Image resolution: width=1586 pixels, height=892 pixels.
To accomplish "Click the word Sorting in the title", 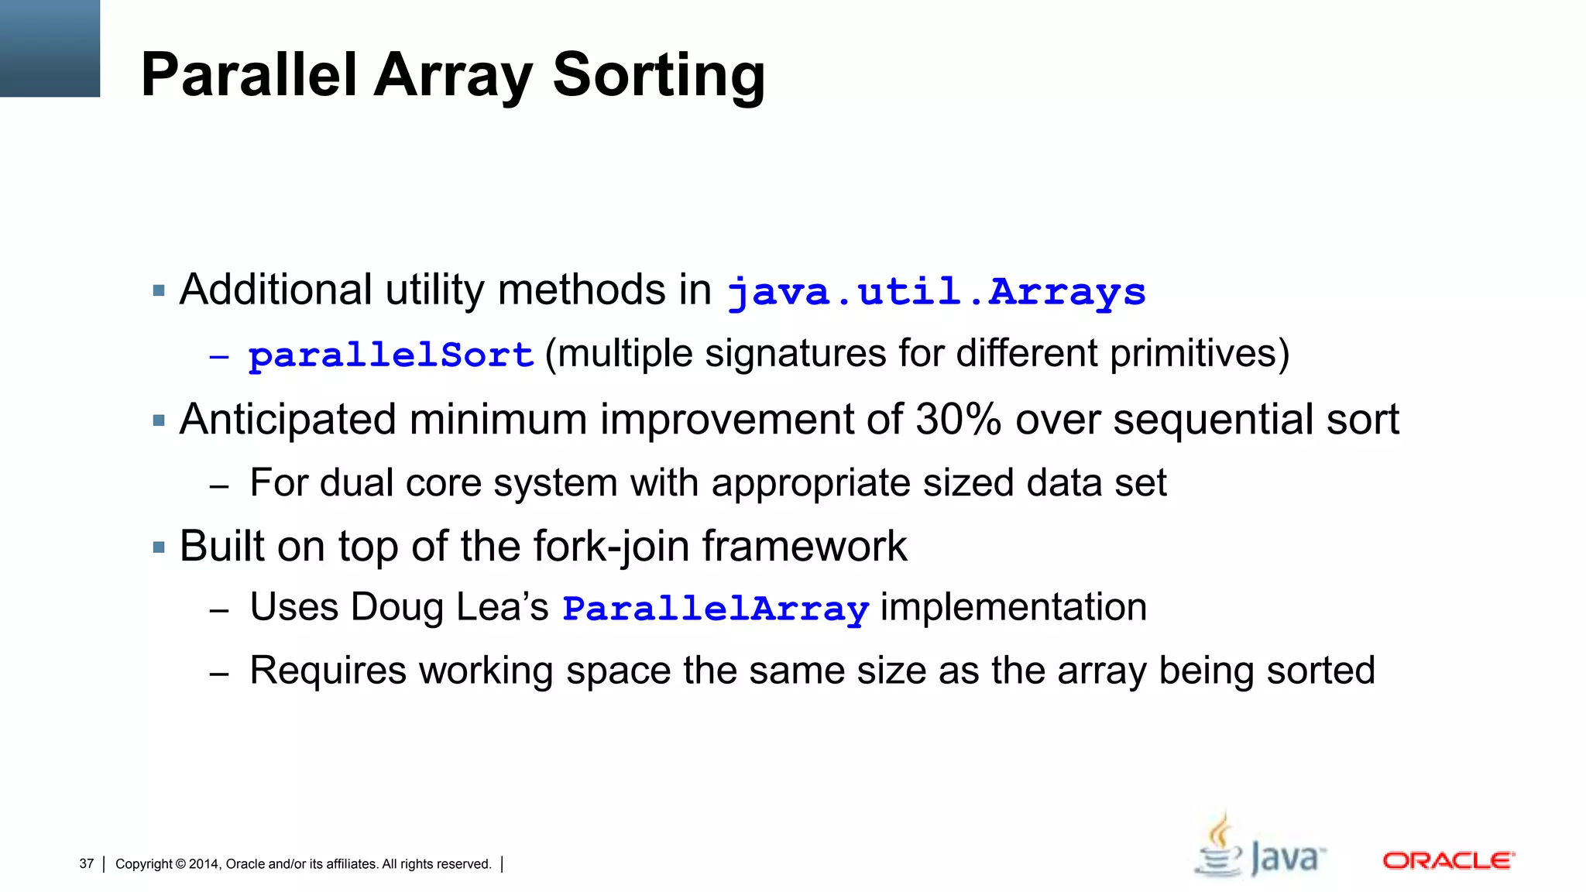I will point(658,75).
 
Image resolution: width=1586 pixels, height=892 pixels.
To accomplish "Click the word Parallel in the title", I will point(249,75).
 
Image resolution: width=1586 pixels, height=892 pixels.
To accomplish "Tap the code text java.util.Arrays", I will point(936,292).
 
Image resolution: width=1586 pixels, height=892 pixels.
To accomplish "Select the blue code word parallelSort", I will point(391,355).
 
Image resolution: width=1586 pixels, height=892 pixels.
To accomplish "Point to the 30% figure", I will point(959,420).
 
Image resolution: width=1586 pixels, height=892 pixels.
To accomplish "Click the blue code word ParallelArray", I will point(716,609).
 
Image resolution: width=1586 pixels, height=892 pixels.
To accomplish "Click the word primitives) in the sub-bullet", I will point(1200,354).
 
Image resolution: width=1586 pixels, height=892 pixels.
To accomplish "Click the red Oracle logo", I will point(1448,860).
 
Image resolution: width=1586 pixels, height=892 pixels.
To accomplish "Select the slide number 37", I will point(86,864).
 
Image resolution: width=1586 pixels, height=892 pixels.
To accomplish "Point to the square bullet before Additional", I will point(160,292).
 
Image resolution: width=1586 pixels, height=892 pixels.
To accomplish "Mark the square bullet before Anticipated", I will point(160,421).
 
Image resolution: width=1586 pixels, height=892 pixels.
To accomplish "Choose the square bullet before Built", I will point(160,548).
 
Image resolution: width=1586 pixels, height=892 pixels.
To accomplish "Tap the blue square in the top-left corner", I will point(50,48).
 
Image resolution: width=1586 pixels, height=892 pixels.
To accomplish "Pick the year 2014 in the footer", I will point(204,864).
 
